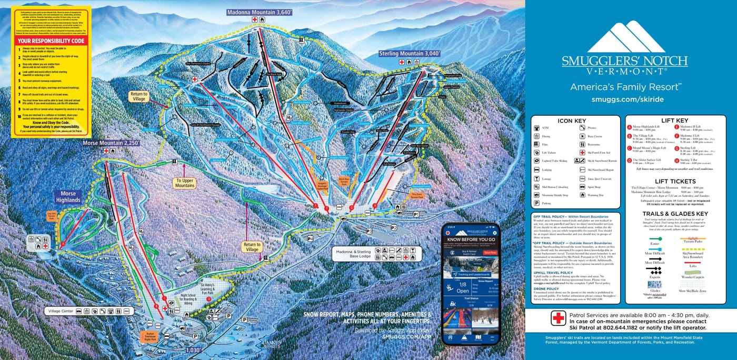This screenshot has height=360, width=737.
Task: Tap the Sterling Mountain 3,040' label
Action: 409,54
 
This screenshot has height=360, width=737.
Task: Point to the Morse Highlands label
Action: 68,197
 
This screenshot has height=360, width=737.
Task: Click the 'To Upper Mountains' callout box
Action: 185,183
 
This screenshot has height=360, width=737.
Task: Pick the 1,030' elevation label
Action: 193,349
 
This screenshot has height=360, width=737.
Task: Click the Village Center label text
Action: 61,311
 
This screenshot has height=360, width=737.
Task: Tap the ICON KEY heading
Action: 572,121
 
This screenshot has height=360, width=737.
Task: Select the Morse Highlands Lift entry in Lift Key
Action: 646,127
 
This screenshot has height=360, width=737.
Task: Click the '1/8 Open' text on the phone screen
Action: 463,287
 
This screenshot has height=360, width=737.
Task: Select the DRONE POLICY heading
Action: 547,288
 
